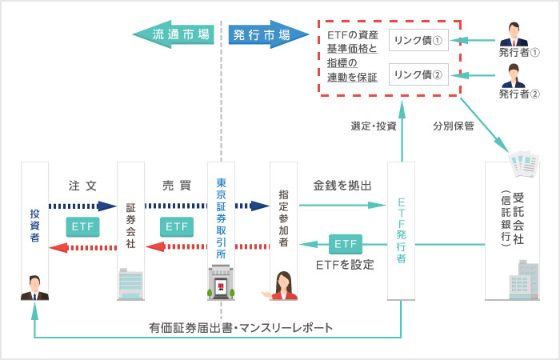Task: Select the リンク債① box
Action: (x=418, y=41)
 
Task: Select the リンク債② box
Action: (x=418, y=75)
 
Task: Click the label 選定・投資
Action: (x=373, y=126)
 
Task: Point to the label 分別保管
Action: (x=454, y=126)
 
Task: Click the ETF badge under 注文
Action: (x=82, y=226)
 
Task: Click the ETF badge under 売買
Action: (x=175, y=226)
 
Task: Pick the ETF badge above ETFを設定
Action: (x=345, y=242)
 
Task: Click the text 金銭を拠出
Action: (x=342, y=186)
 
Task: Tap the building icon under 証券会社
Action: (x=130, y=283)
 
